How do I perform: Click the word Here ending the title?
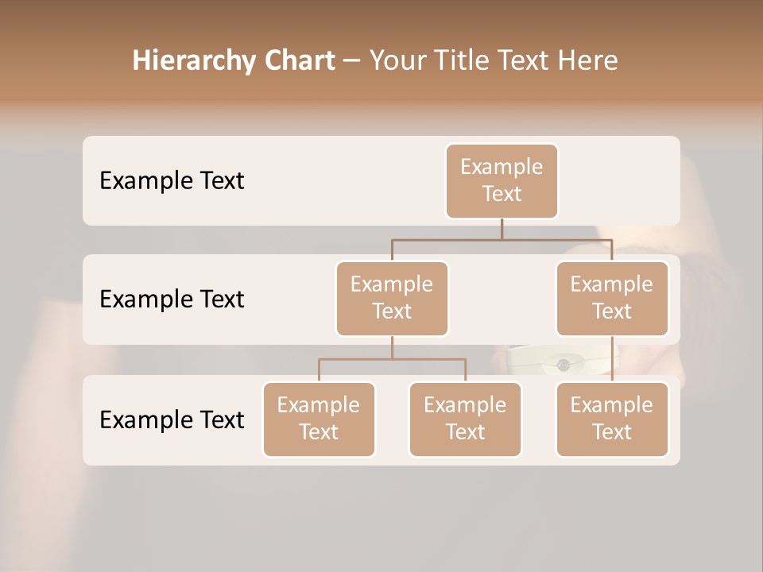pos(587,60)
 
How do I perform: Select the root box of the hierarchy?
pos(502,180)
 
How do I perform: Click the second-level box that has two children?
pos(392,298)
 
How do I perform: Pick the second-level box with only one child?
pos(612,298)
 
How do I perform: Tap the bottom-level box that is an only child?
pos(612,419)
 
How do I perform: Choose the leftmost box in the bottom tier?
pos(319,419)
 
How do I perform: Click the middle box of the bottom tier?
pos(465,419)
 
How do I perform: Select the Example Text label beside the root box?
pos(172,181)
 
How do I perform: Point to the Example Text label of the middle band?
pos(172,300)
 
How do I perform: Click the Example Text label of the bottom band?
pos(172,419)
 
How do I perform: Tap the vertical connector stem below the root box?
pos(502,229)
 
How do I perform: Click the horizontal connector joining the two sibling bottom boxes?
pos(392,359)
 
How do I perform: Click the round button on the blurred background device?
pos(564,365)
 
